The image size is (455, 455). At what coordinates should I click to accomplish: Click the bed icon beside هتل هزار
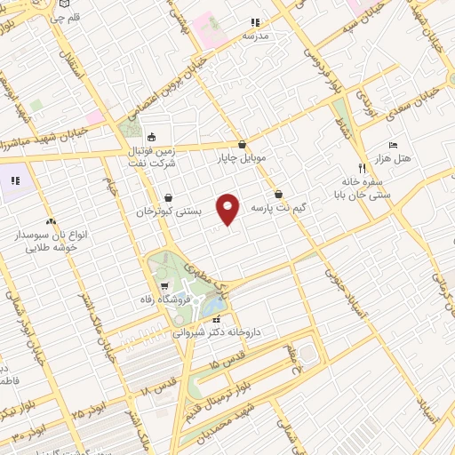point(393,144)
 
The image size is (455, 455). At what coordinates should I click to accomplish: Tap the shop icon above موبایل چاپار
point(242,144)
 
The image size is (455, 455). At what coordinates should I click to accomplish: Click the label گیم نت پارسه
point(279,207)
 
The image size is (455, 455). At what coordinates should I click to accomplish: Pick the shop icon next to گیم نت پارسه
point(279,193)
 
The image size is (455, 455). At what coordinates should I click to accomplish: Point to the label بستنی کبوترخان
point(169,212)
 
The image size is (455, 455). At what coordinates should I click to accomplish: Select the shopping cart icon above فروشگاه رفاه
point(165,286)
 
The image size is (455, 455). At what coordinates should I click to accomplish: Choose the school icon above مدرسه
point(255,23)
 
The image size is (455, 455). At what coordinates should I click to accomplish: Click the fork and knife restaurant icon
point(362,167)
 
